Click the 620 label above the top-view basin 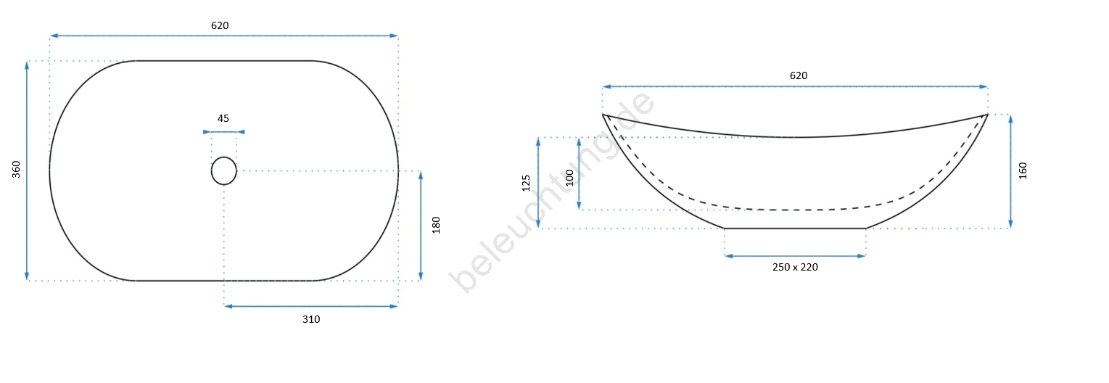pos(220,25)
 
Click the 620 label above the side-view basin pos(799,75)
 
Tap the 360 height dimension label pos(17,169)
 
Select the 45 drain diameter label pos(223,118)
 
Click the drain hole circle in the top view pos(224,157)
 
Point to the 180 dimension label pos(436,225)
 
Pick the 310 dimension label pos(311,320)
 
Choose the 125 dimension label pos(526,183)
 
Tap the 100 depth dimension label pos(569,178)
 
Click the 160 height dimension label pos(1023,170)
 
